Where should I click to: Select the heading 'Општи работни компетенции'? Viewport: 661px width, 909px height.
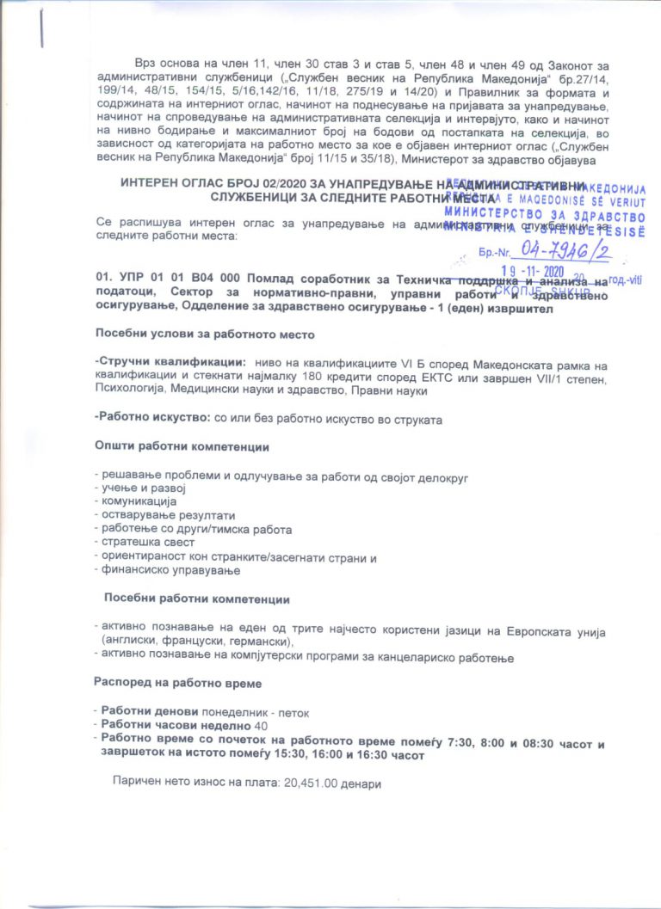pyautogui.click(x=181, y=447)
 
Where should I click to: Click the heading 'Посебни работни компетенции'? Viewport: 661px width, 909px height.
pyautogui.click(x=196, y=599)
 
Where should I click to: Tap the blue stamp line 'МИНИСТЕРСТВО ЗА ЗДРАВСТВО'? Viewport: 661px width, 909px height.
pyautogui.click(x=545, y=213)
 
